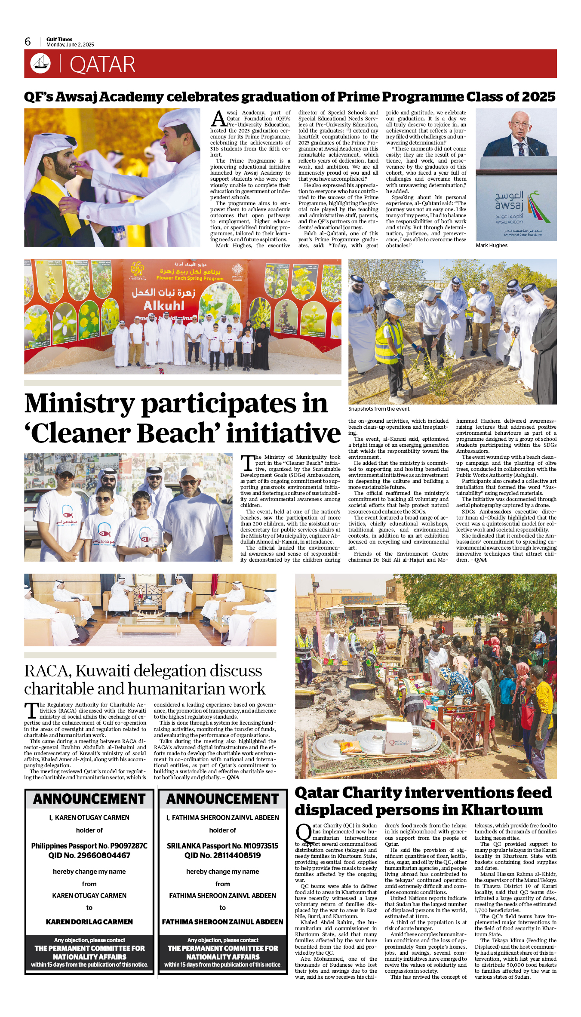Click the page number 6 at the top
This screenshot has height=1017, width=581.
pos(28,42)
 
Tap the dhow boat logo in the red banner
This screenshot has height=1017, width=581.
pos(40,63)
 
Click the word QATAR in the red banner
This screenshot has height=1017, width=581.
pos(102,65)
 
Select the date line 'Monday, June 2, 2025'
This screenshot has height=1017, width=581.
pos(70,45)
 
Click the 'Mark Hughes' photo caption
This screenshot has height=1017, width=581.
pos(492,246)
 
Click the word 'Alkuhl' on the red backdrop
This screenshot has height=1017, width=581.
pos(164,306)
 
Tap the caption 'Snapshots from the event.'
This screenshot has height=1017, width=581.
pos(379,409)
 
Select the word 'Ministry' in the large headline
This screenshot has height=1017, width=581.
pos(80,404)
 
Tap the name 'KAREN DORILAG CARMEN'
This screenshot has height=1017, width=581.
pos(89,922)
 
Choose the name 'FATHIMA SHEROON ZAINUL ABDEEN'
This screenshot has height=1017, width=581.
pos(222,922)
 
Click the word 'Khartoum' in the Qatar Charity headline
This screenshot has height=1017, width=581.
pos(502,810)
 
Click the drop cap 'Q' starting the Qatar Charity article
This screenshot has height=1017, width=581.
pos(303,833)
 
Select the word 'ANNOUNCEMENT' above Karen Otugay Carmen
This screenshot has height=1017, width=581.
pos(89,799)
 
